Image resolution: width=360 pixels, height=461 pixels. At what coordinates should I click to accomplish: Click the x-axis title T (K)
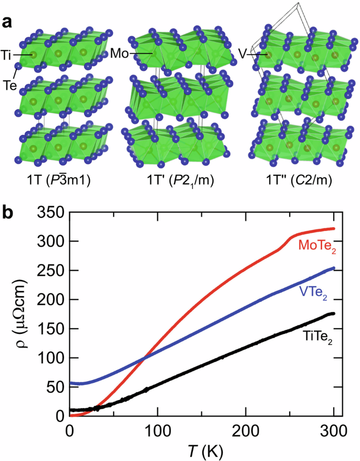(x=203, y=451)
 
